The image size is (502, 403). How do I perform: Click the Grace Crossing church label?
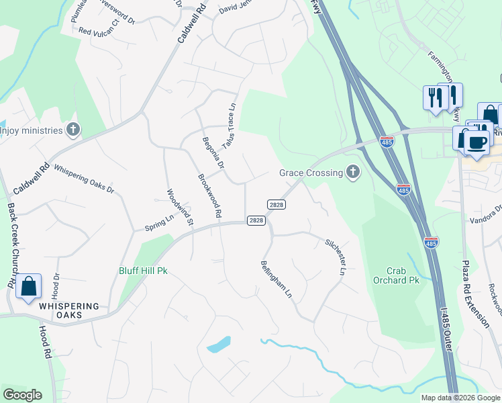pyautogui.click(x=311, y=173)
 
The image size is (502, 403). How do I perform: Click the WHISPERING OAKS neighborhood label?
pyautogui.click(x=68, y=310)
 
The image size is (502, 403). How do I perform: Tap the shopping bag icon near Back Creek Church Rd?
pyautogui.click(x=29, y=286)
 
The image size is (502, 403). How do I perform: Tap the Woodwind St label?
pyautogui.click(x=180, y=207)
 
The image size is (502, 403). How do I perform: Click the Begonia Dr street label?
pyautogui.click(x=213, y=152)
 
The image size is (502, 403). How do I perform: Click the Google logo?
pyautogui.click(x=22, y=395)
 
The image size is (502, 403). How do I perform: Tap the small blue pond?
pyautogui.click(x=219, y=345)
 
